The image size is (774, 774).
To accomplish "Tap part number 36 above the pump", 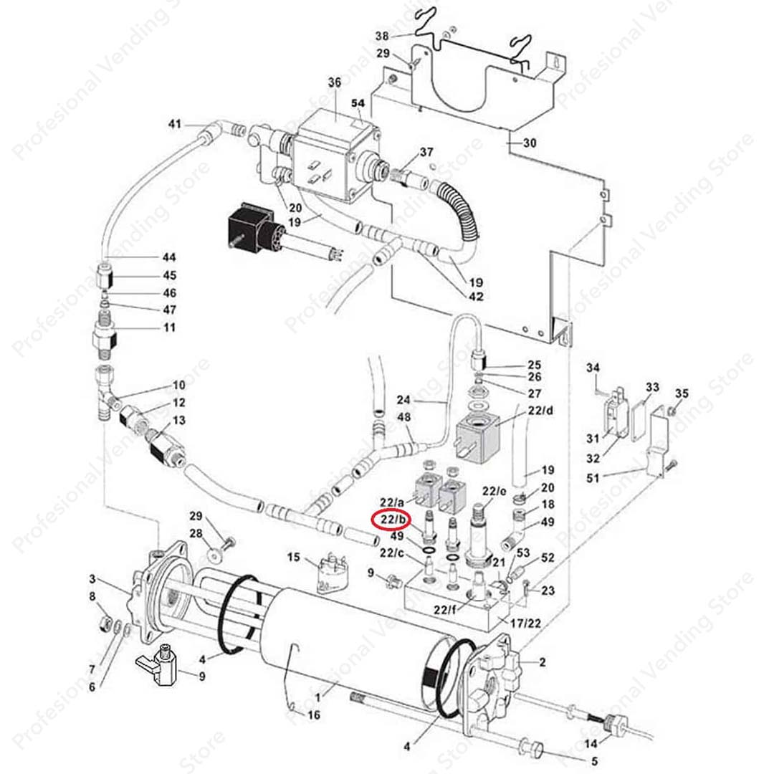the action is [334, 82].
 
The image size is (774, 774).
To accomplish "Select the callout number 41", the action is [175, 124].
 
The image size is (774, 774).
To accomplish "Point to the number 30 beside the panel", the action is [529, 143].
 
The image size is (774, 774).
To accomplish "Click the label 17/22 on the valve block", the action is [525, 623].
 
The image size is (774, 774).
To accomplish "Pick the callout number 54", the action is [358, 103].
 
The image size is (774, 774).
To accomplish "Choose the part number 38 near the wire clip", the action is [382, 36].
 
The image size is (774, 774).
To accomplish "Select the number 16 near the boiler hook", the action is [314, 715].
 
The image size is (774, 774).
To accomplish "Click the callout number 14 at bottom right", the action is [591, 743].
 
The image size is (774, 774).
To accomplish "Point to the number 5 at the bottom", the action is [594, 761].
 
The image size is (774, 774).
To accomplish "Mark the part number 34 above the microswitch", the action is [593, 368].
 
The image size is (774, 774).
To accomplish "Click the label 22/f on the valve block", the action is [445, 610].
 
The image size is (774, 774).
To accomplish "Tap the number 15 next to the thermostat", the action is [293, 557].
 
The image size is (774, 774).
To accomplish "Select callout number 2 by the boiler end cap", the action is [543, 662].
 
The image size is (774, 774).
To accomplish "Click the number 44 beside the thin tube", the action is [169, 257].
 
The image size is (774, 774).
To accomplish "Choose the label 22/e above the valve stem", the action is [494, 491].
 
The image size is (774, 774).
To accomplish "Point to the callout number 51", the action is [593, 478].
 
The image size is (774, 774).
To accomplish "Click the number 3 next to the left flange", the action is [92, 578].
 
